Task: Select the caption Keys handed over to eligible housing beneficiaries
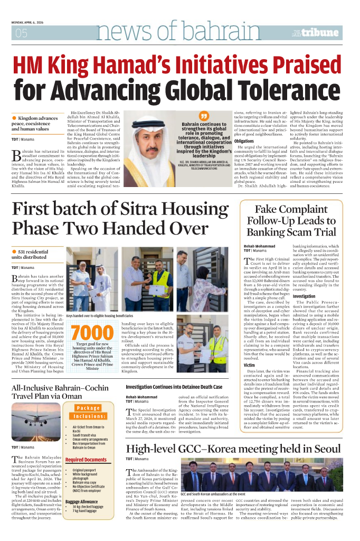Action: click(x=99, y=316)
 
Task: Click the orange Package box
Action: click(x=88, y=408)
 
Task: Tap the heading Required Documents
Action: click(x=86, y=460)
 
